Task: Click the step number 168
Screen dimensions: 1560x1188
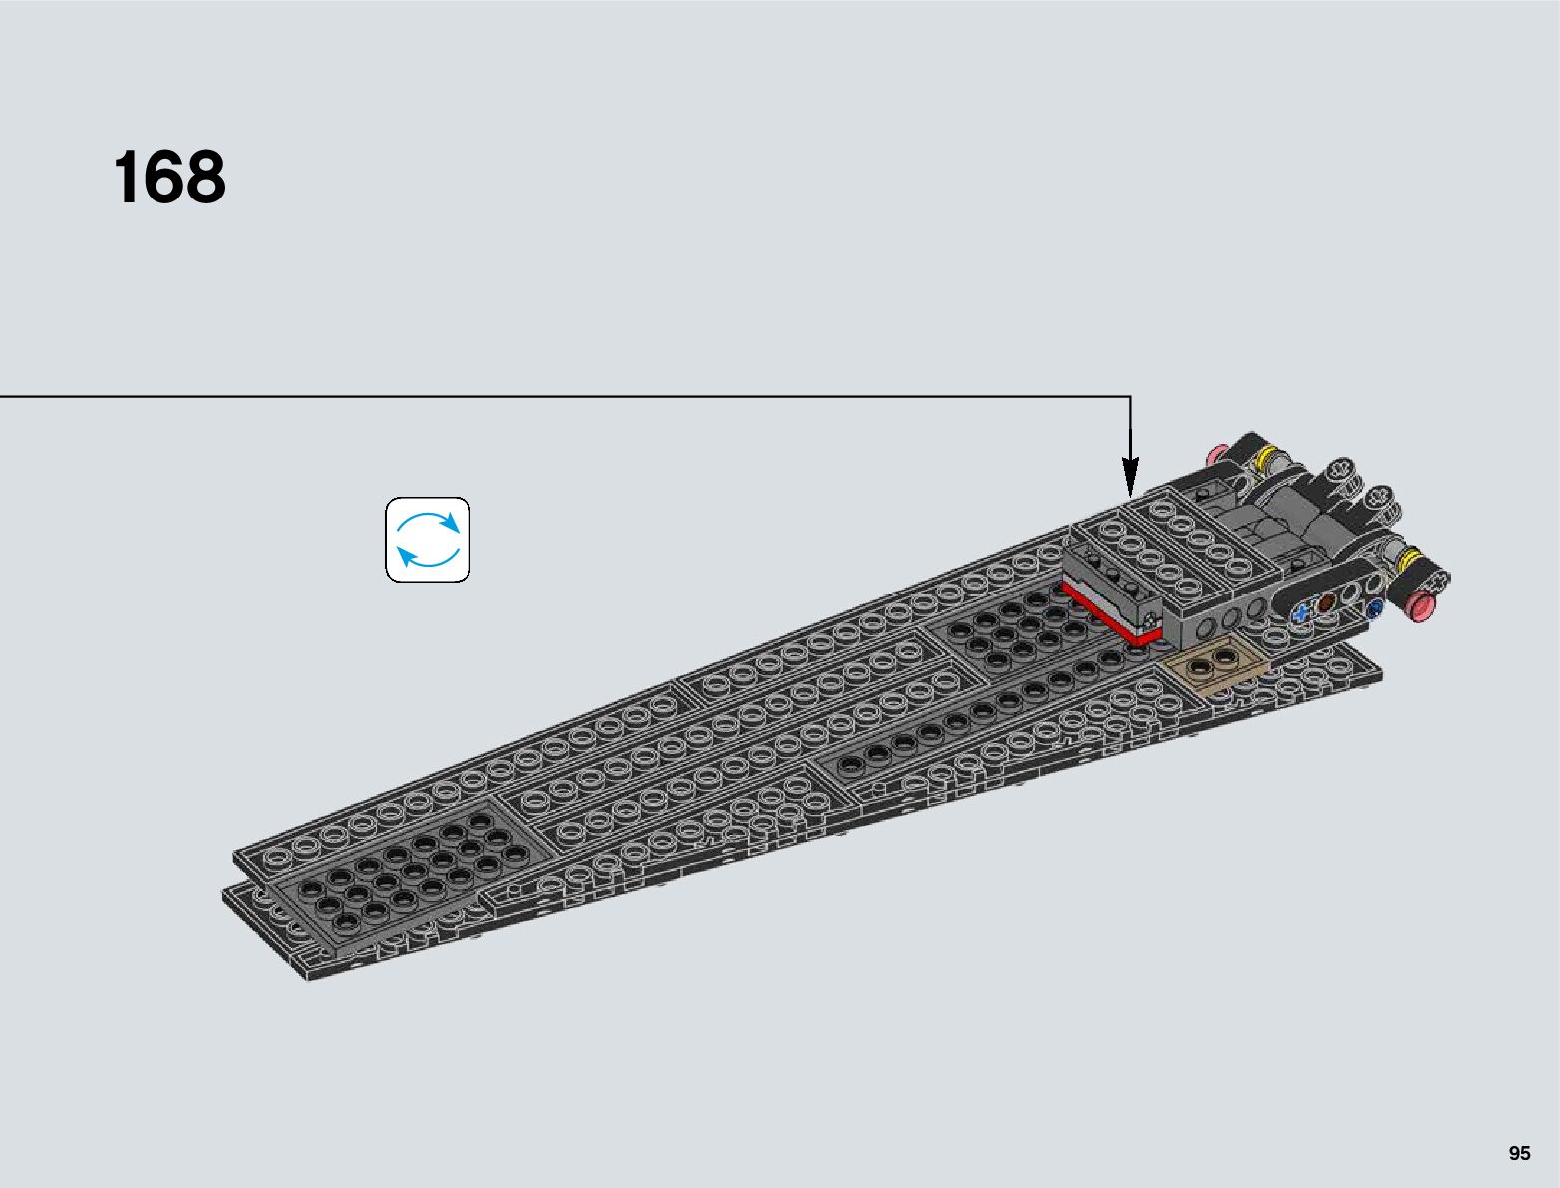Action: [169, 179]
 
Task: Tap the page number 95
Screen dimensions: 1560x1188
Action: [1519, 1153]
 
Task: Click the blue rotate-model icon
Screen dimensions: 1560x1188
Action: [428, 540]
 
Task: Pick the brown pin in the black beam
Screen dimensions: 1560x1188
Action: [1326, 602]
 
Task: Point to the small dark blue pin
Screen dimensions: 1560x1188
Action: [1376, 605]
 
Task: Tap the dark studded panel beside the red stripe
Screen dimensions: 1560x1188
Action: [1017, 623]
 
